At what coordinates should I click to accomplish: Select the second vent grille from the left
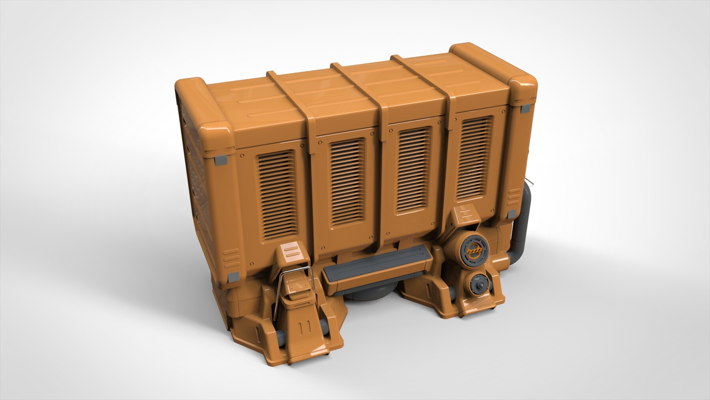pyautogui.click(x=348, y=180)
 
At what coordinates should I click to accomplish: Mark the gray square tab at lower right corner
pyautogui.click(x=512, y=215)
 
